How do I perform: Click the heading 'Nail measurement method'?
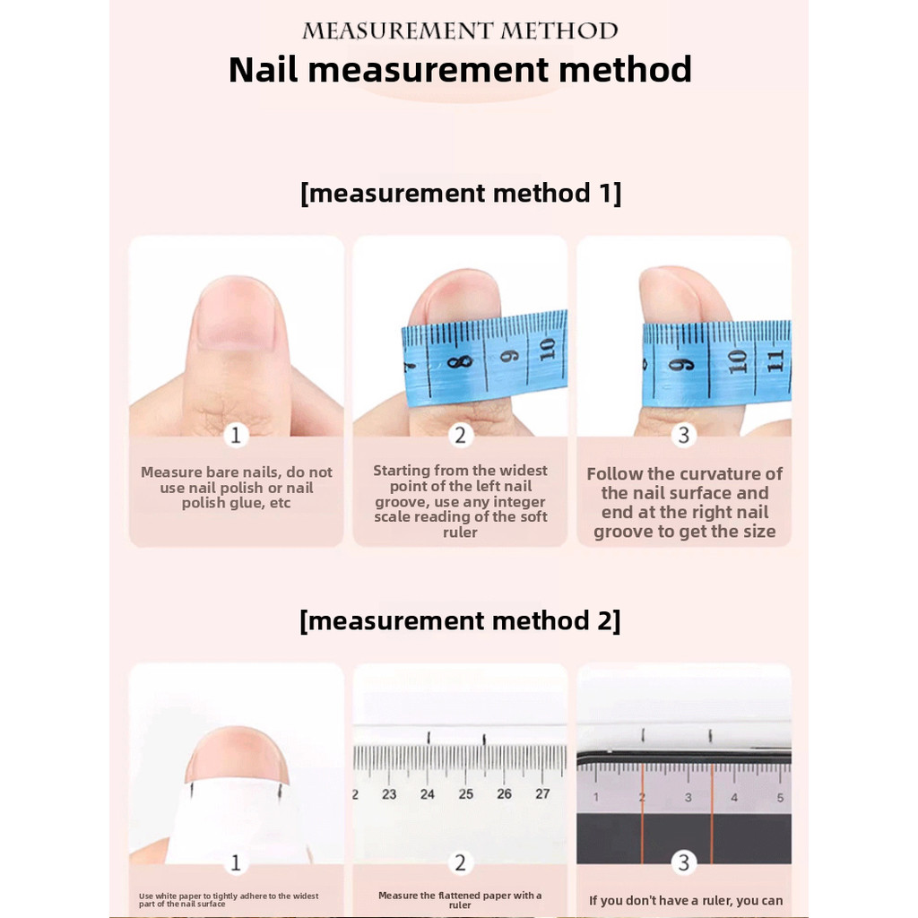pyautogui.click(x=460, y=70)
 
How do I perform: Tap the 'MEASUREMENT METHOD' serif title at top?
pyautogui.click(x=460, y=31)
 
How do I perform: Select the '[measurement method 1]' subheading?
pyautogui.click(x=460, y=194)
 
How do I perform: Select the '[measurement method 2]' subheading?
pyautogui.click(x=460, y=620)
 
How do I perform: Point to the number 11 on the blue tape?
pyautogui.click(x=775, y=359)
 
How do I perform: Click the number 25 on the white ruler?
pyautogui.click(x=465, y=794)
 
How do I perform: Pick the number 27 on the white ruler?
pyautogui.click(x=542, y=794)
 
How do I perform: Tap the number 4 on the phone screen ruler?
pyautogui.click(x=734, y=797)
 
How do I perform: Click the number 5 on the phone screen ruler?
pyautogui.click(x=781, y=797)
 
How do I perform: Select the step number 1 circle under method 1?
pyautogui.click(x=236, y=436)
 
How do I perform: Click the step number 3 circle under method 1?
pyautogui.click(x=683, y=436)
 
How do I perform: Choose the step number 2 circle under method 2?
pyautogui.click(x=460, y=862)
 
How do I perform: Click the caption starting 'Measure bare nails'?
pyautogui.click(x=237, y=487)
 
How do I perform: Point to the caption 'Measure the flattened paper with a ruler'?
pyautogui.click(x=460, y=900)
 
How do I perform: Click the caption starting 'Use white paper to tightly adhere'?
pyautogui.click(x=229, y=900)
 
